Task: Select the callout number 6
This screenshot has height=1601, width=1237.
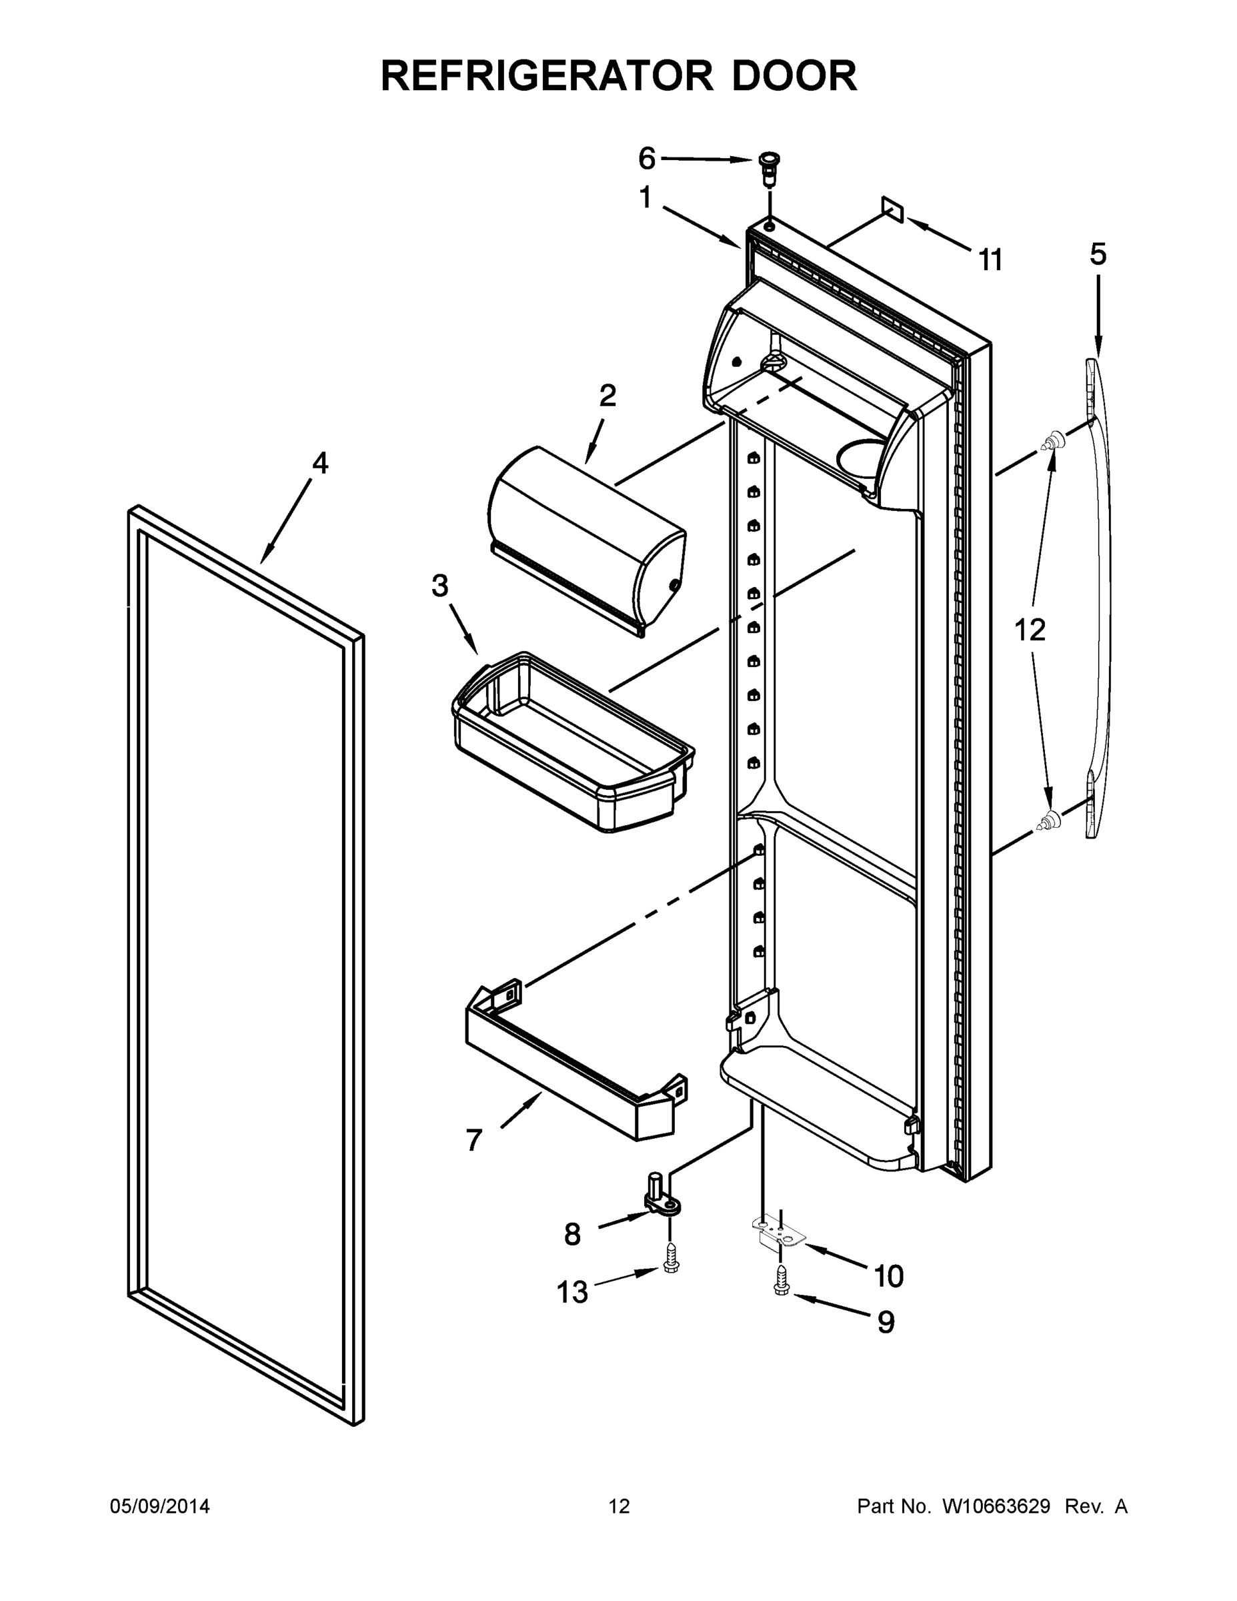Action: [646, 157]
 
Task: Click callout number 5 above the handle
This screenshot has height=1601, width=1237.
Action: [1098, 254]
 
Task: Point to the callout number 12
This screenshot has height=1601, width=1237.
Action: [1030, 630]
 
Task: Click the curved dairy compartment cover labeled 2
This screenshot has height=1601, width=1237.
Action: [586, 539]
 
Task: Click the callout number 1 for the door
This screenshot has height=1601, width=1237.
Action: [645, 197]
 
